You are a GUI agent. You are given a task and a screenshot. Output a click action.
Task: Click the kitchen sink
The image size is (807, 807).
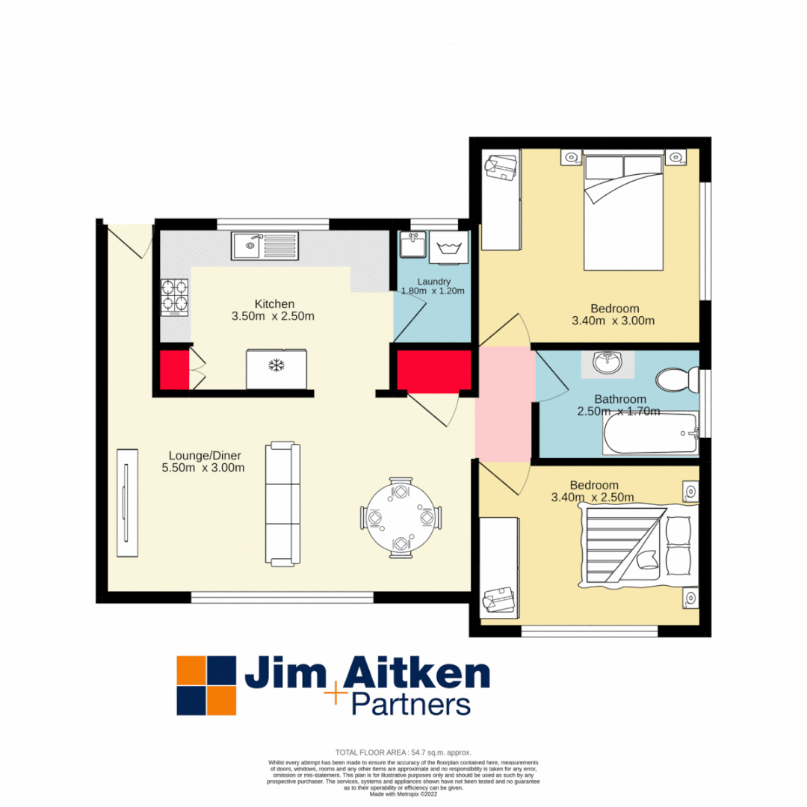click(265, 244)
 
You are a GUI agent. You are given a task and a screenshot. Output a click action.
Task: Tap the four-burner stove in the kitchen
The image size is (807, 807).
click(175, 297)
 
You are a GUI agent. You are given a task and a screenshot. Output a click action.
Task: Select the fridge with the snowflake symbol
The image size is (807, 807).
click(276, 368)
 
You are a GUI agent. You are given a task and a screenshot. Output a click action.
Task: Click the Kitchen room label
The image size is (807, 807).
click(274, 303)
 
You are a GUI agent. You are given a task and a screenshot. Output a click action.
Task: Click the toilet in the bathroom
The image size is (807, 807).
click(676, 380)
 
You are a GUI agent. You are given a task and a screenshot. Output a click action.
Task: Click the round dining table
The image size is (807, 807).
click(401, 518)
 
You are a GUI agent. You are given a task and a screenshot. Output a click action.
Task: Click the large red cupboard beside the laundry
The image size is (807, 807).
click(433, 370)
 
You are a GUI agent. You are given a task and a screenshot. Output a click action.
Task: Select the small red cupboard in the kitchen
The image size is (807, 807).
click(174, 369)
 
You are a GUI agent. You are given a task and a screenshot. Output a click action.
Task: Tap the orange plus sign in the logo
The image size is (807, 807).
click(336, 694)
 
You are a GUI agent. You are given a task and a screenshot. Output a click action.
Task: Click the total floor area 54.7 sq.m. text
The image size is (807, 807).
click(403, 752)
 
